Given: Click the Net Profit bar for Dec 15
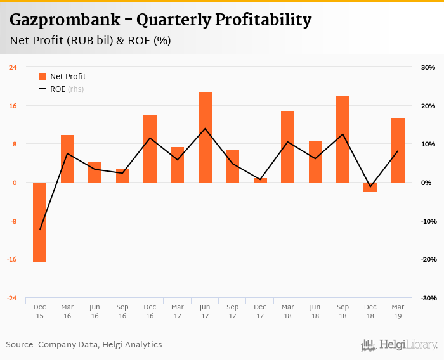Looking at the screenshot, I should click(39, 222).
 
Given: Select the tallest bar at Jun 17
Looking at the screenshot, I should click(205, 137).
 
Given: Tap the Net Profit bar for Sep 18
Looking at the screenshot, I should click(343, 139).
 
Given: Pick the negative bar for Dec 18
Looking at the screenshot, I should click(370, 187).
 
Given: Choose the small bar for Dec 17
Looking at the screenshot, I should click(260, 181).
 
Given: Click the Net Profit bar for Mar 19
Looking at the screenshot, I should click(398, 150).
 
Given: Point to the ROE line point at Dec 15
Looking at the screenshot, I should click(40, 229).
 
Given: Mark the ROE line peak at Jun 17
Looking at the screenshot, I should click(205, 129).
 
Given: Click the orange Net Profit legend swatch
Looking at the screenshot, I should click(42, 77).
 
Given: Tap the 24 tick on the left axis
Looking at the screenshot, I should click(13, 67).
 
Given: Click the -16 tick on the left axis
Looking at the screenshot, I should click(13, 260).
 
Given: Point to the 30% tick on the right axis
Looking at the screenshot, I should click(428, 67).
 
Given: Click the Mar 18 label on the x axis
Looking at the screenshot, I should click(287, 311).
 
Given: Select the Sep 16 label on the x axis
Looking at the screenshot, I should click(122, 311).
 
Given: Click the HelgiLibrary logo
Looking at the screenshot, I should click(400, 345).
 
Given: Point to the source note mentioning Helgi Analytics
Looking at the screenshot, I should click(84, 345).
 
